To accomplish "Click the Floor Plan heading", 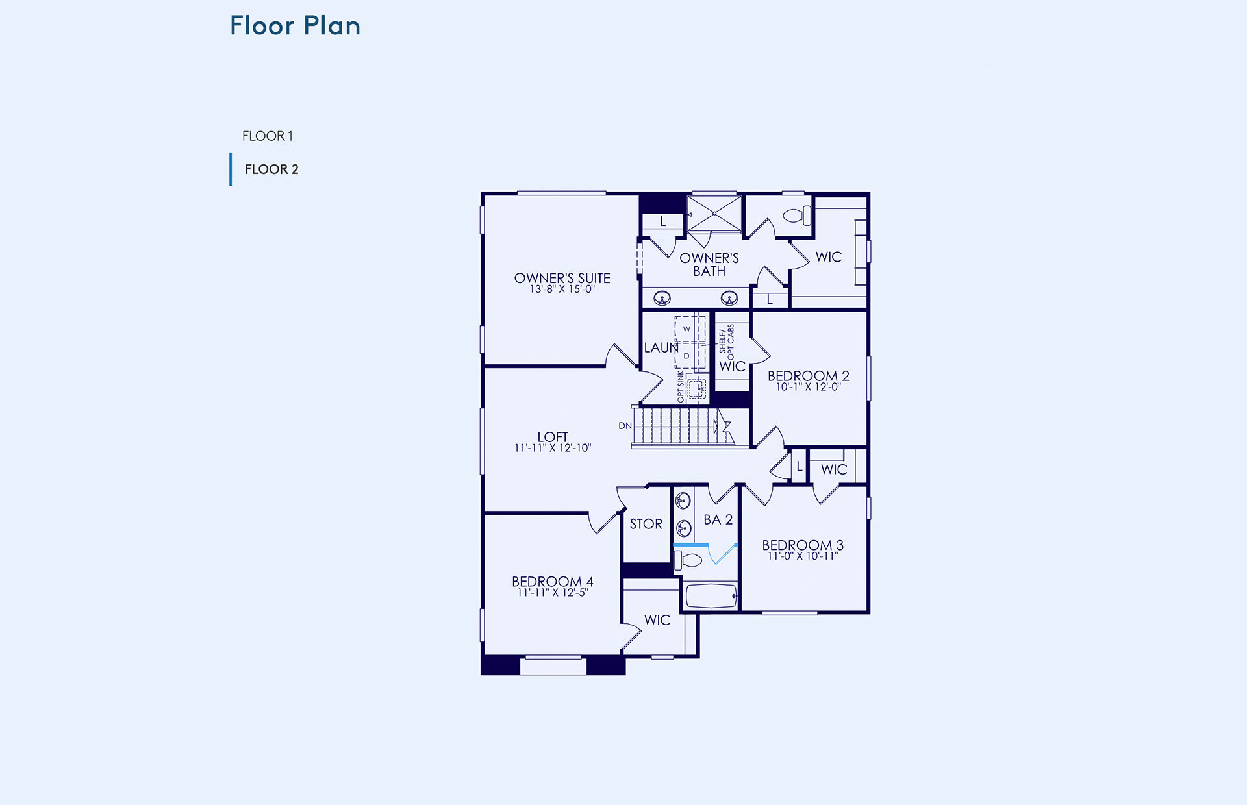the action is point(295,26).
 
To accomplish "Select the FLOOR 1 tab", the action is point(268,136).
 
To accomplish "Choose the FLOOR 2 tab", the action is point(271,169).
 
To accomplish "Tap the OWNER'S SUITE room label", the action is point(562,278).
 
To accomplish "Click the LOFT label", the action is point(553,437).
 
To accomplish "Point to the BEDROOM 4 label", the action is point(553,582).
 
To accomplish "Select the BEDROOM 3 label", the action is point(803,545).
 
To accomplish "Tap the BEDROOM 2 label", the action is point(809,376).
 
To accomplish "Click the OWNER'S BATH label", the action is point(709,265).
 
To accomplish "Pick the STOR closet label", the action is point(646,524).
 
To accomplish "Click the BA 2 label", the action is point(718,520).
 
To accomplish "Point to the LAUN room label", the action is point(661,348).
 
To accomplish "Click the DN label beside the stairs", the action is point(625,426).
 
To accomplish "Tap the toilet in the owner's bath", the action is point(798,215).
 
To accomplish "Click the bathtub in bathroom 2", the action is point(711,596).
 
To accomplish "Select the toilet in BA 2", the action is point(688,560).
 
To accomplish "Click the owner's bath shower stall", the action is point(714,213).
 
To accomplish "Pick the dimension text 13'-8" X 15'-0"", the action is point(562,290).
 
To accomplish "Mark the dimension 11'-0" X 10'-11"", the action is point(803,556).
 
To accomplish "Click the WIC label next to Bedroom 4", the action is point(657,620).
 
